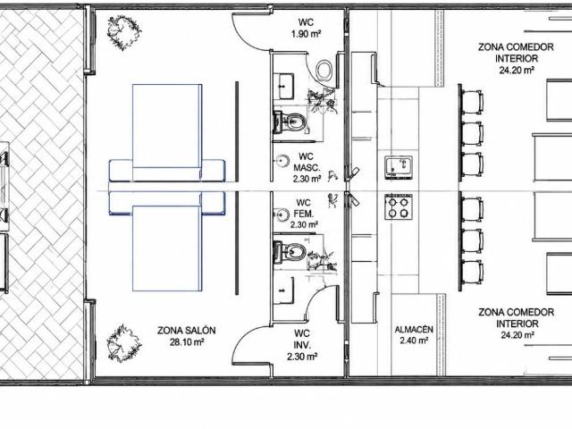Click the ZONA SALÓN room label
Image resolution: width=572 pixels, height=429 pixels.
187,331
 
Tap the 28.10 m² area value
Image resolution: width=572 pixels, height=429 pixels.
187,342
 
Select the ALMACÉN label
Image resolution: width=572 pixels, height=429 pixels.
414,330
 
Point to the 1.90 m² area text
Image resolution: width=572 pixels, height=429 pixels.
306,34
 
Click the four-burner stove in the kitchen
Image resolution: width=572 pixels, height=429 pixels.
399,207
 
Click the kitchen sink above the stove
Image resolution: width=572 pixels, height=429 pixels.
399,167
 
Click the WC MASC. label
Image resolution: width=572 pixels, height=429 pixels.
307,163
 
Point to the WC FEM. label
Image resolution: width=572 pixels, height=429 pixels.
304,208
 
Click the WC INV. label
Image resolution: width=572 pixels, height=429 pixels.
302,339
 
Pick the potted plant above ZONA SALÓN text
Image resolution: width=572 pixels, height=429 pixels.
123,343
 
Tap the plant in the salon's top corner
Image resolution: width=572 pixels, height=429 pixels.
123,33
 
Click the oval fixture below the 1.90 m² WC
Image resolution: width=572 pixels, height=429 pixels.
324,70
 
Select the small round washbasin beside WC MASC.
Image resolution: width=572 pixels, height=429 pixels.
282,161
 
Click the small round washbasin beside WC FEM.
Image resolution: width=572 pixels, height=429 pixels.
282,214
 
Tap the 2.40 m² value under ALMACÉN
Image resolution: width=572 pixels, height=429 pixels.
414,341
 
